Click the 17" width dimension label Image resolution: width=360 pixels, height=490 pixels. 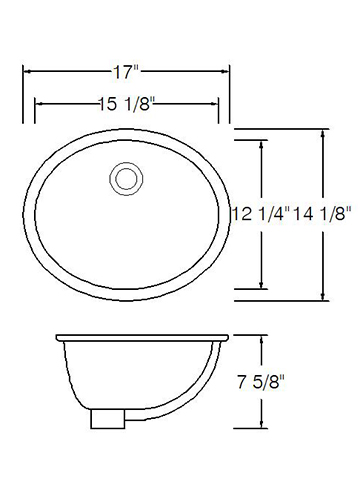point(126,72)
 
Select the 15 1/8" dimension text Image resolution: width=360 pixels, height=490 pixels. point(127,104)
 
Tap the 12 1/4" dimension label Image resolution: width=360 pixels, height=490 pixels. point(261,214)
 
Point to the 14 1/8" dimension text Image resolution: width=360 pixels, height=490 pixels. point(322,214)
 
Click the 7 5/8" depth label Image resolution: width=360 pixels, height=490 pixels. point(261,382)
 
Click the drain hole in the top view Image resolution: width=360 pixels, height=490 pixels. point(126,179)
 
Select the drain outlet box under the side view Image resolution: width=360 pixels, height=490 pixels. point(108,419)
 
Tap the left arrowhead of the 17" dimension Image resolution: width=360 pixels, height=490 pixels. point(27,71)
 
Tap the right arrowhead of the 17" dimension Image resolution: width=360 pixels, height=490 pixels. point(225,71)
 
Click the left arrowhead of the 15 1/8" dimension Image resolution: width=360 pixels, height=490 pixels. point(39,104)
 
